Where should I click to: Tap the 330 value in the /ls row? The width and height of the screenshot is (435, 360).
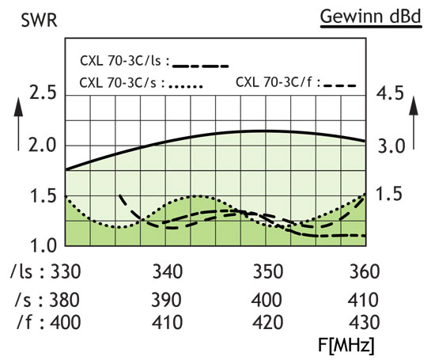pyautogui.click(x=66, y=273)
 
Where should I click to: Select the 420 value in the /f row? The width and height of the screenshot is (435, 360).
pyautogui.click(x=267, y=322)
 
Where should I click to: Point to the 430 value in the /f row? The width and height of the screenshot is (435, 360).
pyautogui.click(x=363, y=322)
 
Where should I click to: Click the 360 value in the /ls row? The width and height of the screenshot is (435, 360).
pyautogui.click(x=363, y=273)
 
